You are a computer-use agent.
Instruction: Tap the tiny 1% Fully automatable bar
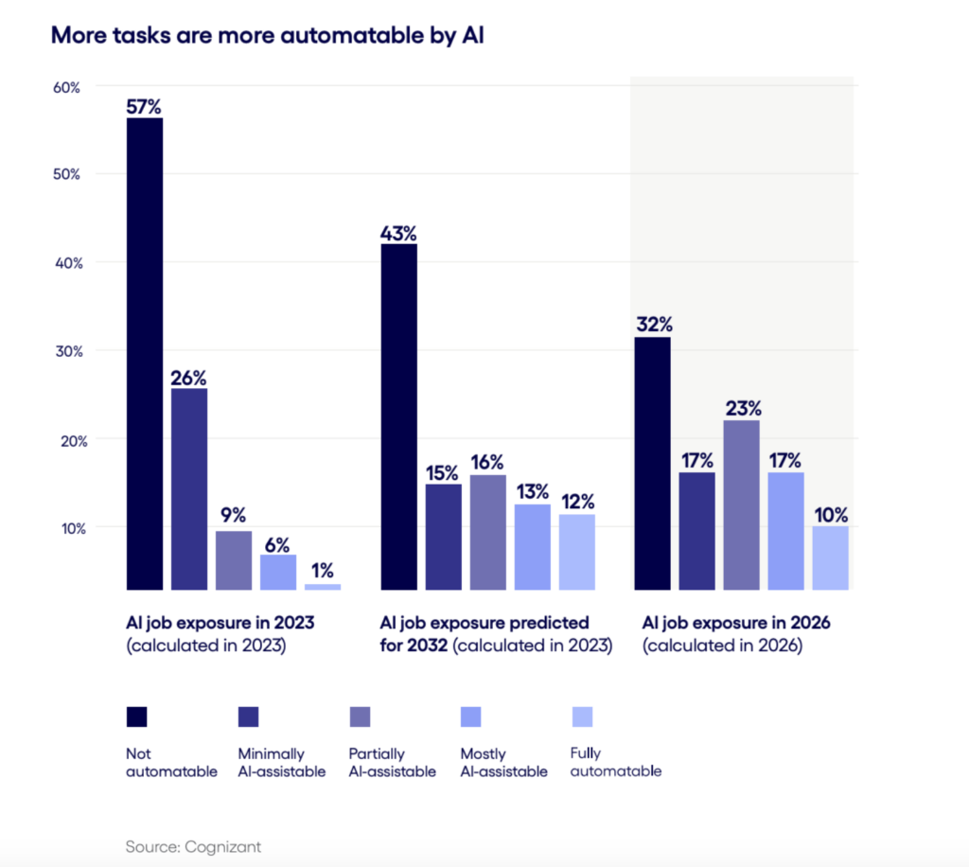(323, 587)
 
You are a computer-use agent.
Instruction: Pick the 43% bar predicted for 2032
(398, 416)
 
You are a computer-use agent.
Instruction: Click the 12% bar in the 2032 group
(576, 552)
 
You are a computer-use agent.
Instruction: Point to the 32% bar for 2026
(652, 463)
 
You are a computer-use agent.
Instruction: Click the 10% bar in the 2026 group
(830, 557)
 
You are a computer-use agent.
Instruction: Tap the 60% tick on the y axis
(66, 87)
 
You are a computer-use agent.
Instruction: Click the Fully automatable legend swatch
(581, 717)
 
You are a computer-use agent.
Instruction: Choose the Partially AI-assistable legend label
(392, 762)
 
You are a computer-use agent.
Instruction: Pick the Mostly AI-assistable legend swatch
(470, 717)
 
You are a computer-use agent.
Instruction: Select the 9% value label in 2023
(233, 516)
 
